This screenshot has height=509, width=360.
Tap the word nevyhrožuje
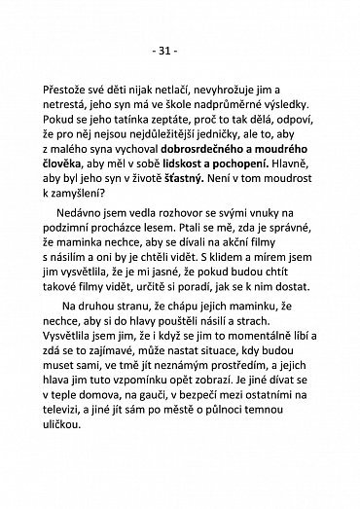(213, 86)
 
